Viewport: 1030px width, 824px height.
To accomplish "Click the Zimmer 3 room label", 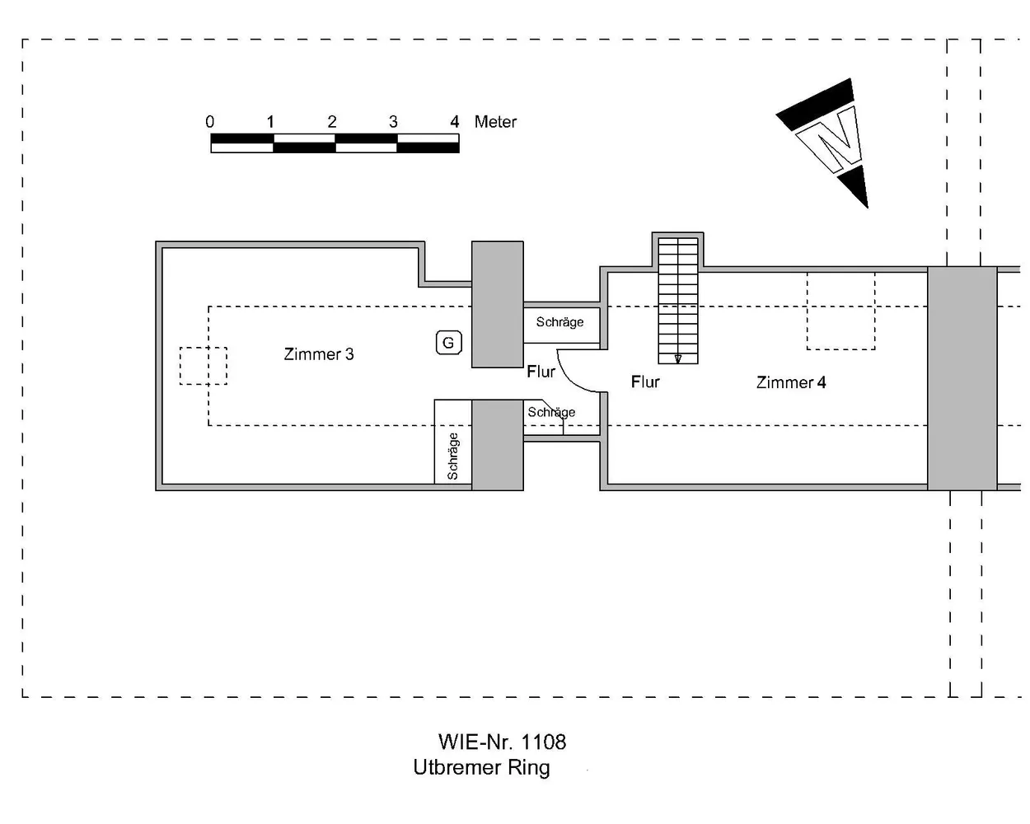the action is pyautogui.click(x=318, y=354).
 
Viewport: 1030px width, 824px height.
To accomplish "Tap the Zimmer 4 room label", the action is pyautogui.click(x=791, y=382).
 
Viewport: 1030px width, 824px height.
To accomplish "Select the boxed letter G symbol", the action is pyautogui.click(x=448, y=343).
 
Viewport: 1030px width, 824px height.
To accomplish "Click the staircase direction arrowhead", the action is pyautogui.click(x=677, y=358).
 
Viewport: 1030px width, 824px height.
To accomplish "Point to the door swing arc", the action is pyautogui.click(x=569, y=379).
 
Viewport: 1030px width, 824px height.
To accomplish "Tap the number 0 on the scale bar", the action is pyautogui.click(x=209, y=122).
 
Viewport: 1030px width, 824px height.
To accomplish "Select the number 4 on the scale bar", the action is pyautogui.click(x=454, y=122).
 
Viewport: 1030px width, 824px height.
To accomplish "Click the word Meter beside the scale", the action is pyautogui.click(x=495, y=122).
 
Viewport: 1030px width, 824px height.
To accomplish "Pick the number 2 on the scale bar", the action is pyautogui.click(x=332, y=122).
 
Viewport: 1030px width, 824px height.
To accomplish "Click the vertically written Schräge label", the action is pyautogui.click(x=452, y=456).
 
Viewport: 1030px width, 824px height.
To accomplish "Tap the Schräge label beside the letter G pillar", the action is pyautogui.click(x=559, y=322).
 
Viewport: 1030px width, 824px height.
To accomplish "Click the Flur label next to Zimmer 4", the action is pyautogui.click(x=645, y=382).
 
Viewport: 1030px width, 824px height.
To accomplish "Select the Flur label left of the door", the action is pyautogui.click(x=541, y=372).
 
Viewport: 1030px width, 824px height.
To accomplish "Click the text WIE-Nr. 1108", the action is pyautogui.click(x=502, y=742).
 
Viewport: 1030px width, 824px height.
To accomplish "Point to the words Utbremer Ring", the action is pyautogui.click(x=481, y=767).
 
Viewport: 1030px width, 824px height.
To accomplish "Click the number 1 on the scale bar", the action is pyautogui.click(x=270, y=122).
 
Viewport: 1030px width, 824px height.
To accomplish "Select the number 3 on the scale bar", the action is pyautogui.click(x=393, y=122).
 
